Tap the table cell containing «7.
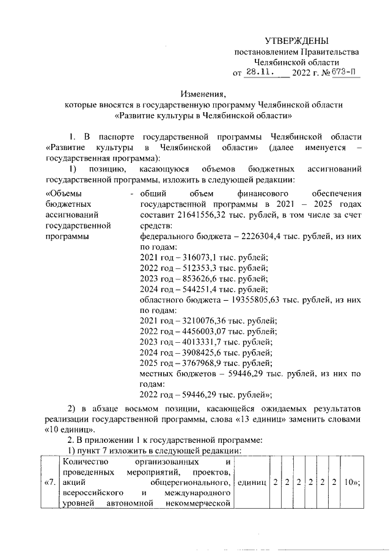(51, 482)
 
